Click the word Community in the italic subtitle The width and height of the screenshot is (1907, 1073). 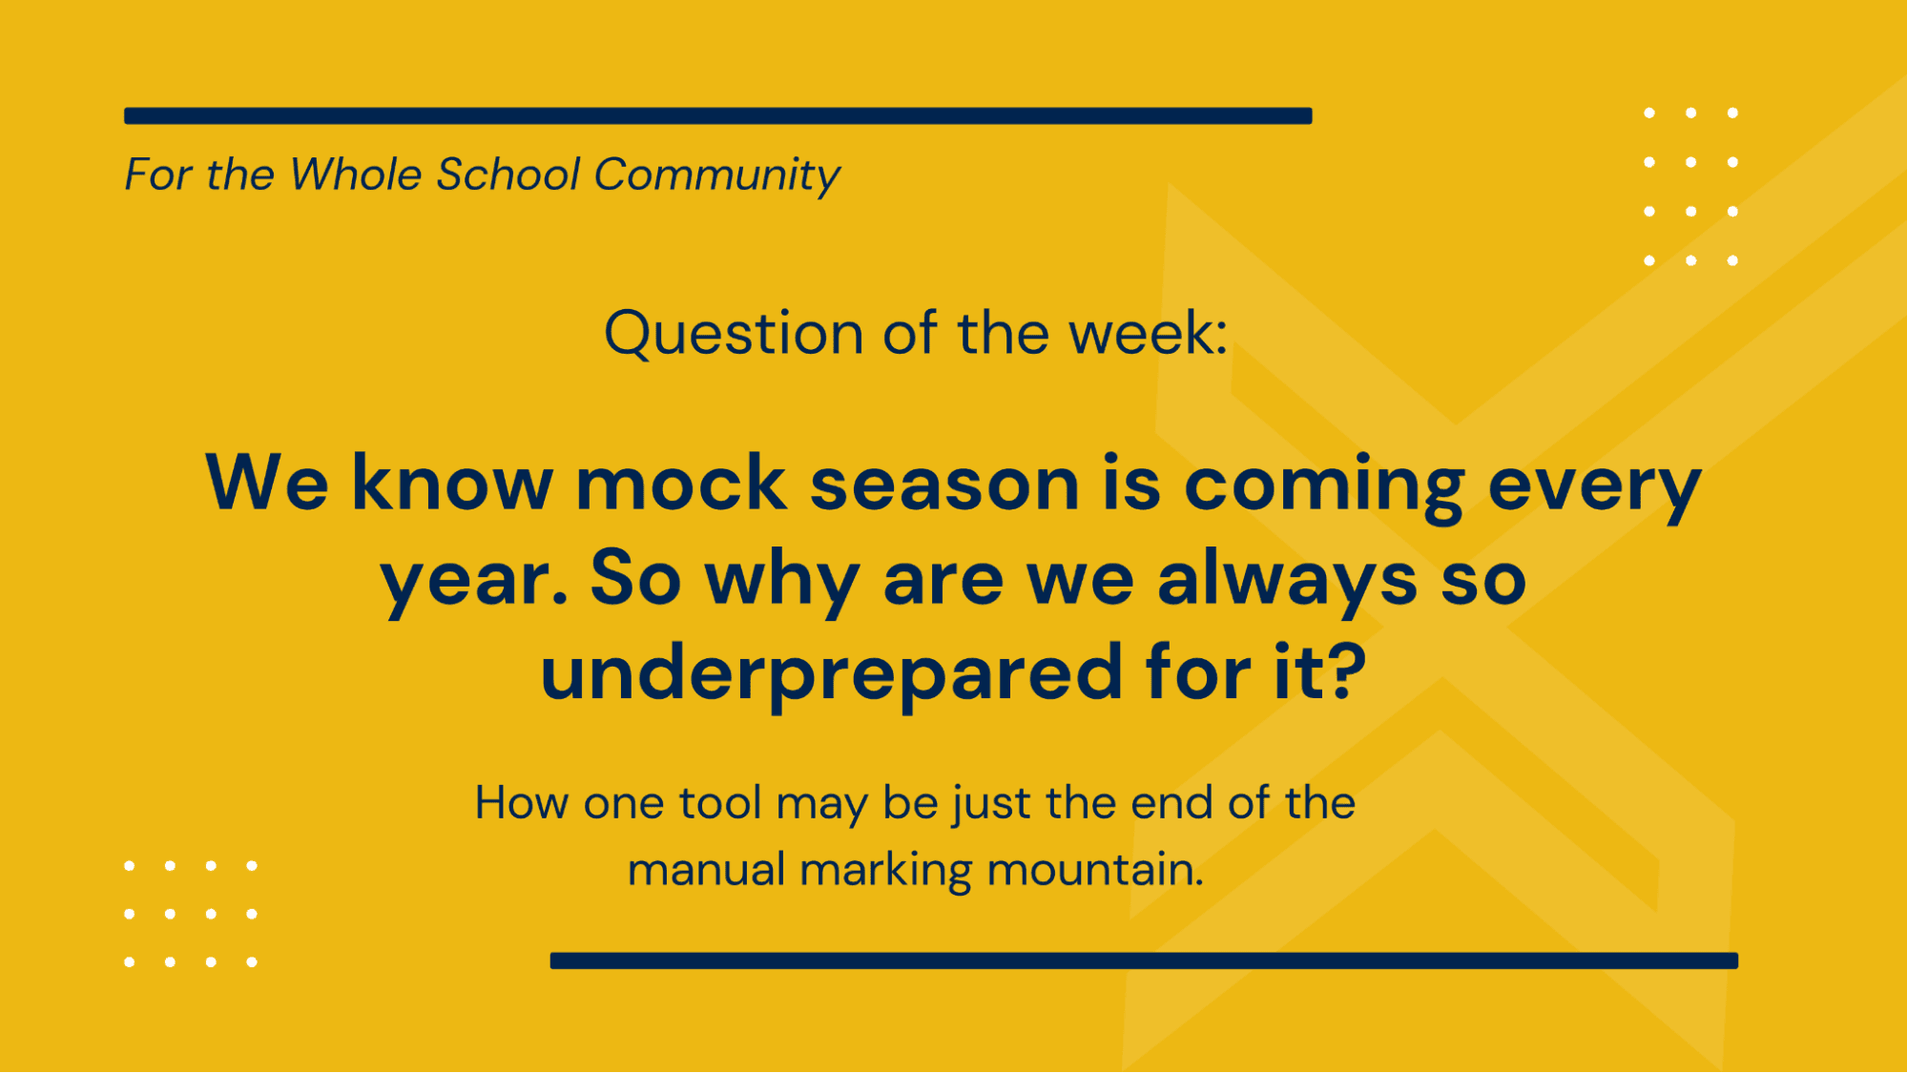pos(716,175)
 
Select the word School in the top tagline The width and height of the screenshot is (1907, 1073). pos(508,175)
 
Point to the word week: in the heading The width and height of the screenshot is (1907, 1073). pos(1148,334)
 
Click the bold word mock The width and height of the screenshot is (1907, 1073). pos(681,484)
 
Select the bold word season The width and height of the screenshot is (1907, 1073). pos(944,484)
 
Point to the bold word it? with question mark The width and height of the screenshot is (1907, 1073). pos(1320,672)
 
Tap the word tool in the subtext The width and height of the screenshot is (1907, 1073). pos(720,803)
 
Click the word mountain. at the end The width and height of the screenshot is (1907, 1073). pos(1095,870)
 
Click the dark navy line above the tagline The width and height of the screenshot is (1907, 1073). pos(717,116)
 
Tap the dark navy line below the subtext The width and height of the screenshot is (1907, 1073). pos(1144,960)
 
